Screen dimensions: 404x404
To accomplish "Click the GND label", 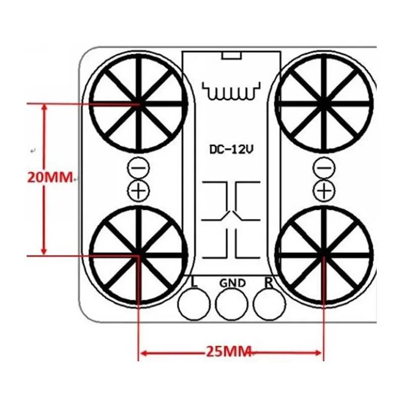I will (232, 283).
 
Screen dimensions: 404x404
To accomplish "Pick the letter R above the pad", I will (269, 282).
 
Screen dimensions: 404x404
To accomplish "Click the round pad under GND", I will (232, 304).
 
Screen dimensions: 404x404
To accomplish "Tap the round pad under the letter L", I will (194, 304).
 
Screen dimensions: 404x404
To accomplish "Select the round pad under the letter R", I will (269, 304).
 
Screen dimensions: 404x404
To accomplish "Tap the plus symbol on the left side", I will (137, 190).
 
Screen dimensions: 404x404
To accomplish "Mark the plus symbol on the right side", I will (324, 190).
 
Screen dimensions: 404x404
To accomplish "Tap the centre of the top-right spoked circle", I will (324, 104).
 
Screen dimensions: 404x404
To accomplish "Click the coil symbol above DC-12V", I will (231, 91).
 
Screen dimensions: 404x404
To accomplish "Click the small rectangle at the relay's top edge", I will (231, 55).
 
